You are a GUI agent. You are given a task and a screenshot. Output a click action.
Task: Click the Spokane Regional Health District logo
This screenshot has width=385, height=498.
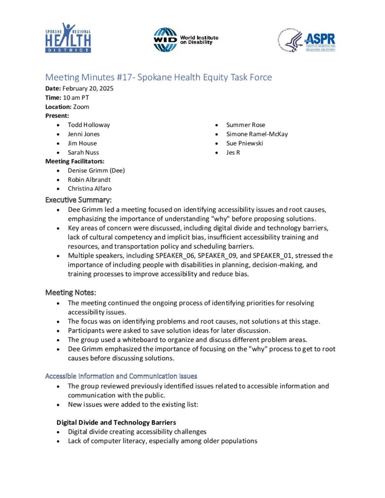[68, 37]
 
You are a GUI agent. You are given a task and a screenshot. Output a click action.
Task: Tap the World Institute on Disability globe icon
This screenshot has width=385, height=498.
[165, 39]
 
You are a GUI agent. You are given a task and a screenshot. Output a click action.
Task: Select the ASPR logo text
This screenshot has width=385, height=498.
[319, 39]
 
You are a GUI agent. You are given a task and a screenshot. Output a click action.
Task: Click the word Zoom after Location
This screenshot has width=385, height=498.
[81, 107]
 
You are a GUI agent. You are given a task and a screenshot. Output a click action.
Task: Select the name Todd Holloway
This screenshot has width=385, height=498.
[89, 125]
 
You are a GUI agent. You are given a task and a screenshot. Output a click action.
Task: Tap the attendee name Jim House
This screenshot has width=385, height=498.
[82, 143]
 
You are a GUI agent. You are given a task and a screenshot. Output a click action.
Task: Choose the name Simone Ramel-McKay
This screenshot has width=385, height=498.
[257, 134]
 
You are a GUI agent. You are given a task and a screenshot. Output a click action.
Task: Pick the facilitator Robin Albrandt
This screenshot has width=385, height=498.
[90, 179]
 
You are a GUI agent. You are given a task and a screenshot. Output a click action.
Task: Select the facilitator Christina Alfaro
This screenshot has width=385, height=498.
[91, 189]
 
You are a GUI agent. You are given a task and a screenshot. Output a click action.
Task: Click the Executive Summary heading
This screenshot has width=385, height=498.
[78, 200]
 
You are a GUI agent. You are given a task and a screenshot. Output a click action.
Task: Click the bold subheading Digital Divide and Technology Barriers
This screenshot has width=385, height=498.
[116, 422]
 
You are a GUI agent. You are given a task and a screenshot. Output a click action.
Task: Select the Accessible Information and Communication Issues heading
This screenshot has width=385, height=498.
[121, 376]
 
